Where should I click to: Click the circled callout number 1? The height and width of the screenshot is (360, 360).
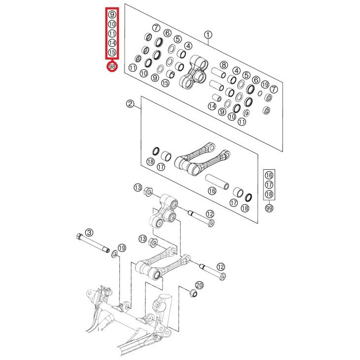[208, 35]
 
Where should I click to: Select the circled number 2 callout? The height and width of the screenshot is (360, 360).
[130, 104]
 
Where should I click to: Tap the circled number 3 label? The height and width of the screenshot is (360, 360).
[89, 233]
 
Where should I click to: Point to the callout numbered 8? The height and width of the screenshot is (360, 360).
[224, 65]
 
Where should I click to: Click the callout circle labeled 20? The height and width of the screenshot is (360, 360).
[199, 286]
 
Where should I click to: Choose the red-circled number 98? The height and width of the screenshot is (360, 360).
[112, 67]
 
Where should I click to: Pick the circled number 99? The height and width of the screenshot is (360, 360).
[269, 208]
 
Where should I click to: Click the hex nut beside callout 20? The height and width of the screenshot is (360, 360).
[193, 293]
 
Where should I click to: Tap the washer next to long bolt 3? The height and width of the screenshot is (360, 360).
[114, 254]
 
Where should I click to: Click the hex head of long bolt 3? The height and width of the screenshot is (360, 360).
[79, 236]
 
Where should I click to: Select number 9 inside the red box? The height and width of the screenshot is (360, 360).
[112, 15]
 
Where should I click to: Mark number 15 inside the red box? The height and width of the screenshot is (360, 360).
[112, 52]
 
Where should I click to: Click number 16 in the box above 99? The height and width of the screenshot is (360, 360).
[269, 176]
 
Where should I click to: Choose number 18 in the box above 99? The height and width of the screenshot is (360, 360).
[269, 194]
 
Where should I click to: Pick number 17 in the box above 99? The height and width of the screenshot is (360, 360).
[269, 185]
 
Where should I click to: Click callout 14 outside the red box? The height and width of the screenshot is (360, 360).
[212, 106]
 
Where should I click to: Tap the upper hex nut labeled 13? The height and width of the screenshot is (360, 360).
[148, 192]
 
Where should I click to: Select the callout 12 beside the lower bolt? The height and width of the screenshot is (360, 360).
[220, 267]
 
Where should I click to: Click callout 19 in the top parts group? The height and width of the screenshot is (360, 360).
[265, 84]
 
